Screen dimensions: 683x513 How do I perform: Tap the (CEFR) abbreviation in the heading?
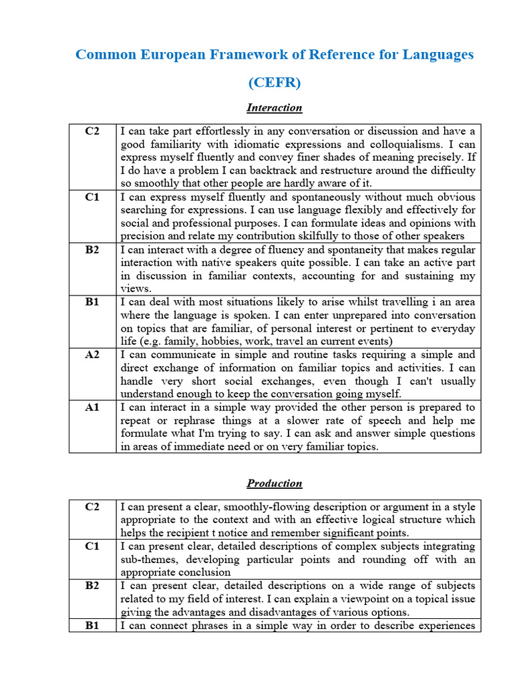pyautogui.click(x=275, y=83)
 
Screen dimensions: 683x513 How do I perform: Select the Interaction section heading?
pyautogui.click(x=275, y=107)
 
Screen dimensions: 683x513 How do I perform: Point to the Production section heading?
pyautogui.click(x=275, y=484)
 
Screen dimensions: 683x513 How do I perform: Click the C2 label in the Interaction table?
pyautogui.click(x=92, y=131)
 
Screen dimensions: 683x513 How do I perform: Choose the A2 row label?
pyautogui.click(x=92, y=355)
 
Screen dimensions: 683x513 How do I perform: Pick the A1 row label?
pyautogui.click(x=92, y=407)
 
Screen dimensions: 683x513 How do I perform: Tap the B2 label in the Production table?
pyautogui.click(x=92, y=586)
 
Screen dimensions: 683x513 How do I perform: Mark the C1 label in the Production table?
pyautogui.click(x=92, y=546)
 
